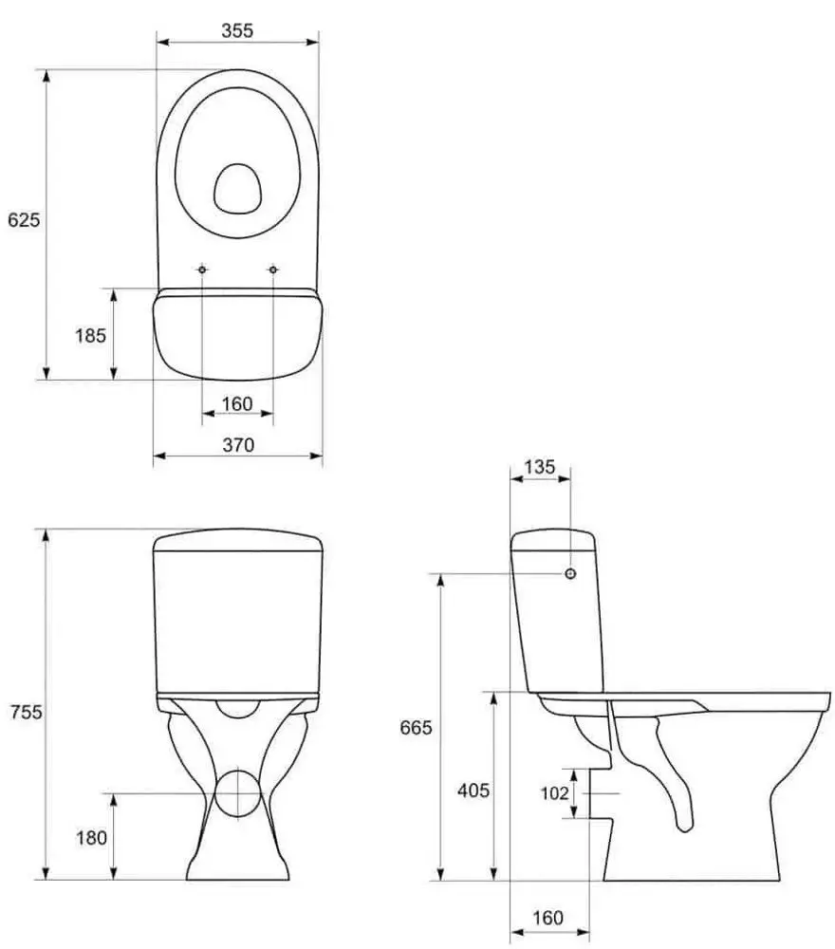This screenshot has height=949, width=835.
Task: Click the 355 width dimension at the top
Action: pos(237,30)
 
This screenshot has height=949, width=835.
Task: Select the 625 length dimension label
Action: pos(24,220)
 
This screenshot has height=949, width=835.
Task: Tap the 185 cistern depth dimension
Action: pos(91,335)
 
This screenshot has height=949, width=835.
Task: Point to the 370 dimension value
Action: pos(238,445)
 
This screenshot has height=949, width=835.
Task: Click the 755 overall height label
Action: pos(26,712)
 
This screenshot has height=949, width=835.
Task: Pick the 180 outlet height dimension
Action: pos(91,838)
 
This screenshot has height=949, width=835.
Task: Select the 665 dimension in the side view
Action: pos(417,727)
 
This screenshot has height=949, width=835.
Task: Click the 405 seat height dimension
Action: pos(473,791)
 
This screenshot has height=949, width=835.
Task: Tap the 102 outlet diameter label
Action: pos(554,792)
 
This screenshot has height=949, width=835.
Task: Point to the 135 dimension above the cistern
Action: pos(539,467)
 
